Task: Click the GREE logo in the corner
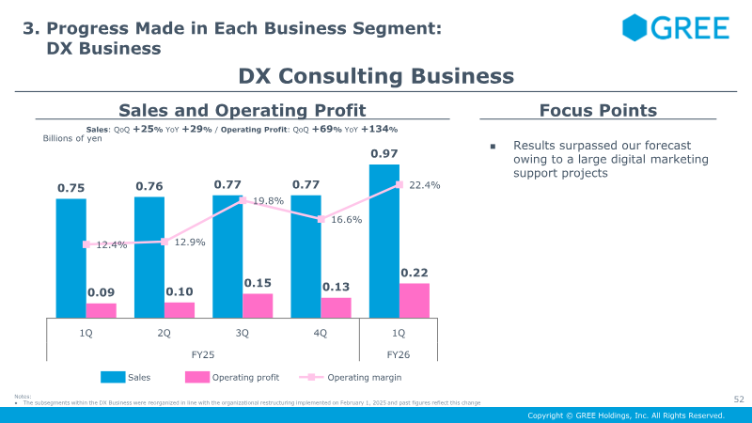pyautogui.click(x=675, y=28)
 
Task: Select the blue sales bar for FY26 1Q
pyautogui.click(x=384, y=241)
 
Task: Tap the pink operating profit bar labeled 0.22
pyautogui.click(x=415, y=300)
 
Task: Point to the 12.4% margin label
pyautogui.click(x=111, y=245)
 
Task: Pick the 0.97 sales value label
pyautogui.click(x=384, y=153)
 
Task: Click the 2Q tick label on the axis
pyautogui.click(x=164, y=333)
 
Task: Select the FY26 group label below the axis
pyautogui.click(x=398, y=354)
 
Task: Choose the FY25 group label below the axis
pyautogui.click(x=203, y=354)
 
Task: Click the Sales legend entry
pyautogui.click(x=138, y=378)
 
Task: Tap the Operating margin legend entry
pyautogui.click(x=364, y=378)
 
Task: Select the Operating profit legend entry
pyautogui.click(x=245, y=378)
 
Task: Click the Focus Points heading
pyautogui.click(x=598, y=111)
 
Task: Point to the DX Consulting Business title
pyautogui.click(x=376, y=76)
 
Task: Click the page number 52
pyautogui.click(x=738, y=399)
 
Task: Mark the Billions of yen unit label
pyautogui.click(x=72, y=138)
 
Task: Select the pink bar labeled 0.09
pyautogui.click(x=102, y=310)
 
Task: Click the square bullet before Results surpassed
pyautogui.click(x=492, y=147)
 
